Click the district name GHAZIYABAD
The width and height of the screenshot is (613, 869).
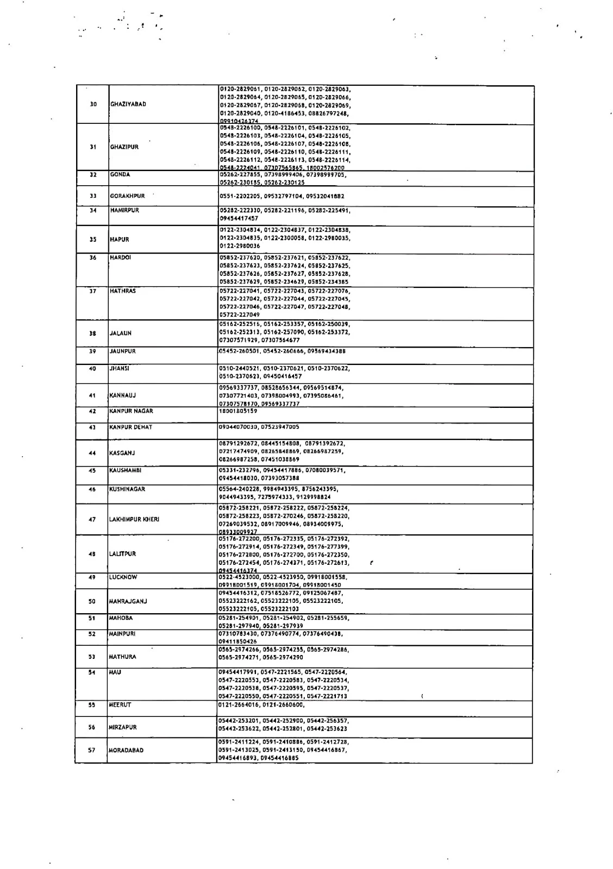pos(128,104)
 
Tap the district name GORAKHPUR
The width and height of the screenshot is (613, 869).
pos(127,196)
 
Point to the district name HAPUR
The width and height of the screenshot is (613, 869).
pos(119,239)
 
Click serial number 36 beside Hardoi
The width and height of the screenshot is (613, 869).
pos(92,257)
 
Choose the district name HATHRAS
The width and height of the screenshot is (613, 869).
pos(122,291)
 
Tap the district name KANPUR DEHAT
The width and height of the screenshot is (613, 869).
pos(131,427)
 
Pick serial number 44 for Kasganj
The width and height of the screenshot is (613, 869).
pos(92,453)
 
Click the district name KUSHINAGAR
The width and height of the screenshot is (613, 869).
pos(127,489)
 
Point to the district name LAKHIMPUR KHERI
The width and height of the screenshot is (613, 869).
pos(134,520)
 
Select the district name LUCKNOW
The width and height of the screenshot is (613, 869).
pos(123,577)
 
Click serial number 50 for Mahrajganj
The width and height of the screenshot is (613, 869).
pos(92,601)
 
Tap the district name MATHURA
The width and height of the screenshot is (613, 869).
pos(122,657)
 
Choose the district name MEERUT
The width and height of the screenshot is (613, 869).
pos(120,704)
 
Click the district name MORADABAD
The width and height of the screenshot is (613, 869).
pos(126,751)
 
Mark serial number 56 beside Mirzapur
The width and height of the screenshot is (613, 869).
pos(92,727)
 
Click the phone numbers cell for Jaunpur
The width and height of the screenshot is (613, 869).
pos(282,351)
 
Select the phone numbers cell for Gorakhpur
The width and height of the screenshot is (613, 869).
pos(282,196)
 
